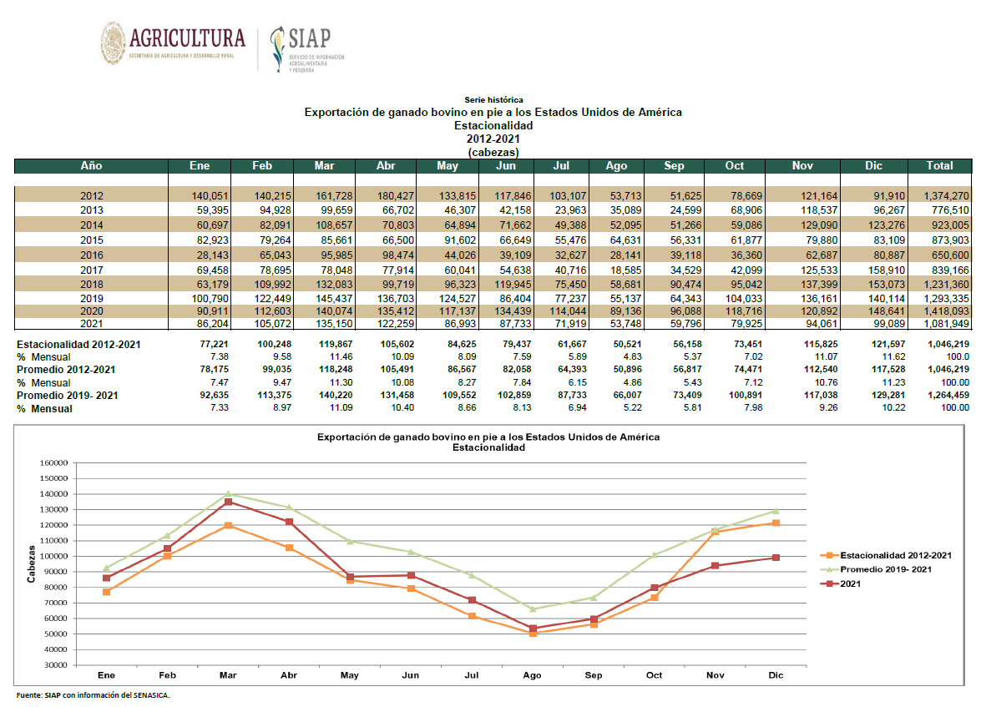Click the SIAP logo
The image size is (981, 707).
pyautogui.click(x=307, y=49)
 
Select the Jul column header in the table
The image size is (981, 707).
pyautogui.click(x=561, y=166)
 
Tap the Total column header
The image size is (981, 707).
pyautogui.click(x=940, y=166)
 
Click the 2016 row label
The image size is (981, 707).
pyautogui.click(x=91, y=255)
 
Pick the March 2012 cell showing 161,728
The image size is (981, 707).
pyautogui.click(x=334, y=196)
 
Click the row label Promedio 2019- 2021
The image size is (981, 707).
pyautogui.click(x=68, y=396)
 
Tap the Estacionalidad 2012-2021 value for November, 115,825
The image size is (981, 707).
pyautogui.click(x=821, y=344)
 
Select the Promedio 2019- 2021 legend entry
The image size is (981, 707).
pyautogui.click(x=876, y=569)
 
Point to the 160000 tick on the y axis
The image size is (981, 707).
pyautogui.click(x=53, y=463)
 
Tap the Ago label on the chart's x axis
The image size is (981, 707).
pyautogui.click(x=533, y=675)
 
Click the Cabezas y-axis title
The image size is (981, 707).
pyautogui.click(x=31, y=563)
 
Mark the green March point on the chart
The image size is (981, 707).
pyautogui.click(x=229, y=494)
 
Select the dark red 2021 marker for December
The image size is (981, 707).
pyautogui.click(x=776, y=558)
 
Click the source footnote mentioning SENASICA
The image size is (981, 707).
pyautogui.click(x=94, y=694)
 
